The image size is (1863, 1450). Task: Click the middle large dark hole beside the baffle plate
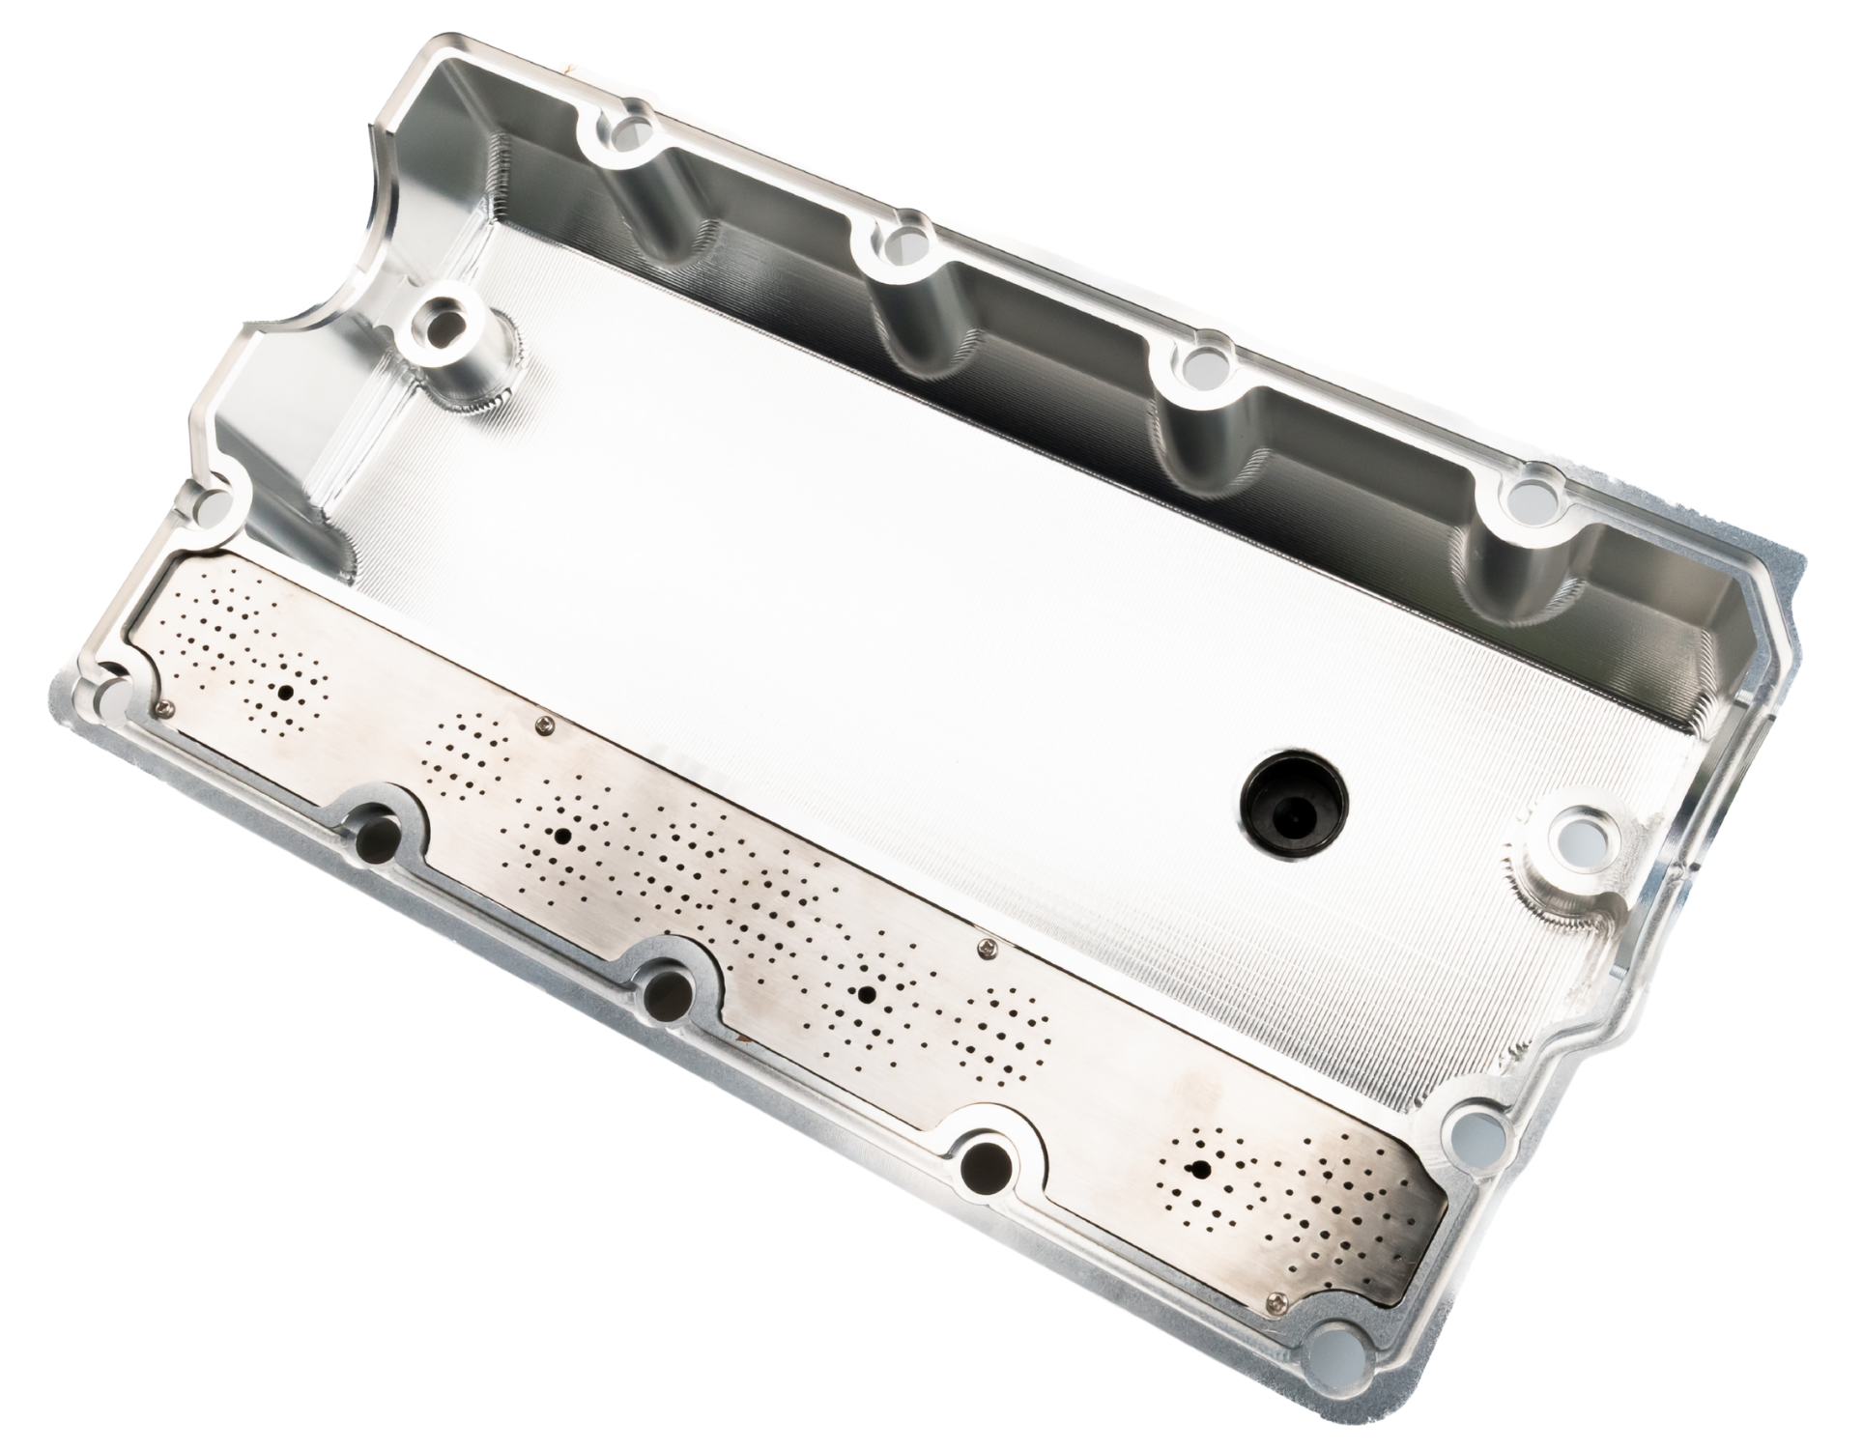click(x=667, y=993)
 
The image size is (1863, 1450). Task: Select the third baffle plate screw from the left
click(x=985, y=948)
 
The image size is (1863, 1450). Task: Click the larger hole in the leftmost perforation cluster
click(x=286, y=692)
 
